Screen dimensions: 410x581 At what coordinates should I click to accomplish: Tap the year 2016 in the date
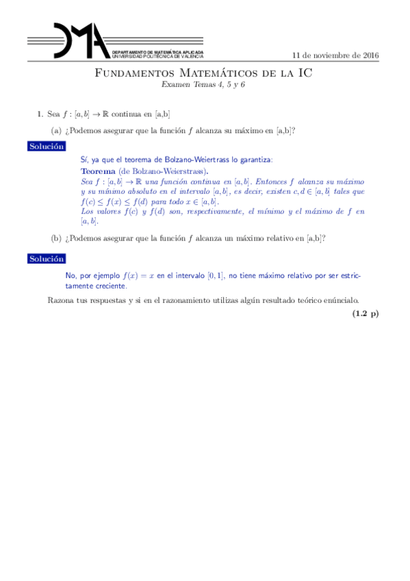coord(369,55)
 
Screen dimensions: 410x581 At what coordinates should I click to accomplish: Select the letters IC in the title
coord(304,73)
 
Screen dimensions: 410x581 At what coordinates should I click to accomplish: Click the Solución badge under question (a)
coord(47,147)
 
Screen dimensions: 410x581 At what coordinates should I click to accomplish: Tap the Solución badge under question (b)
coord(47,259)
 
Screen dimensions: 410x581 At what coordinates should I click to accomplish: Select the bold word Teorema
coord(98,171)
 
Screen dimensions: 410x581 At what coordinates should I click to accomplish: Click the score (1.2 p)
coord(366,314)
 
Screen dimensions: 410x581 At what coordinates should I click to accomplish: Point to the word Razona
coord(63,300)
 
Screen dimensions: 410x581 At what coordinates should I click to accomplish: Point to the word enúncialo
coord(339,300)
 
